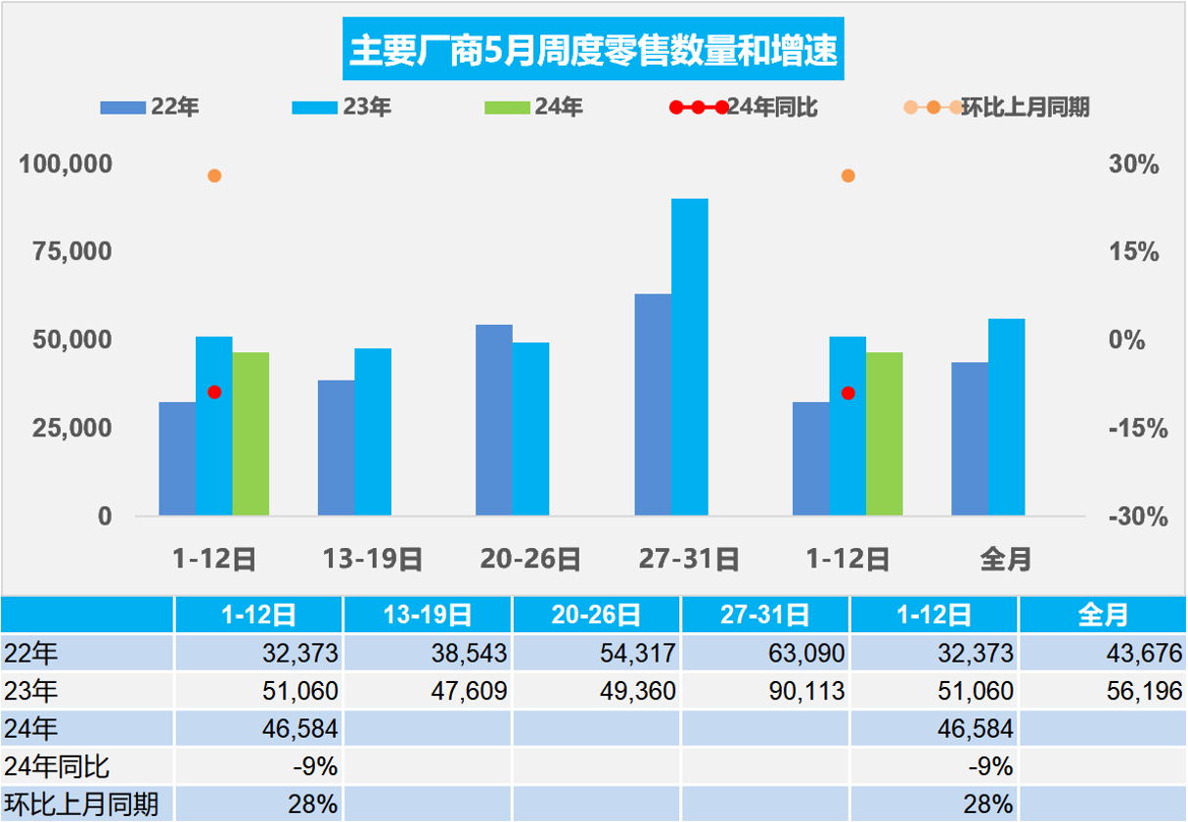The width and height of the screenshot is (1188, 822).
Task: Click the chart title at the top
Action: [594, 52]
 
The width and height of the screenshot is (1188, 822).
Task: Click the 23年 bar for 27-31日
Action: [689, 357]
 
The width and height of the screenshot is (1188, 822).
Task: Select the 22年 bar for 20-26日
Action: [493, 420]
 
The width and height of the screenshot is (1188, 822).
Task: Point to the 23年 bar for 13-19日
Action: [373, 432]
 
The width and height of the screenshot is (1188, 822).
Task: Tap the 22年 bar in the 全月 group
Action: [969, 438]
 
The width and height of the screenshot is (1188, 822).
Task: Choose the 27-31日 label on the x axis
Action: [689, 560]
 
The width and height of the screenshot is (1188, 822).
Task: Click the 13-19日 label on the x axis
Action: [373, 560]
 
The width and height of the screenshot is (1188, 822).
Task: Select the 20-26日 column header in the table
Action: [596, 615]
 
